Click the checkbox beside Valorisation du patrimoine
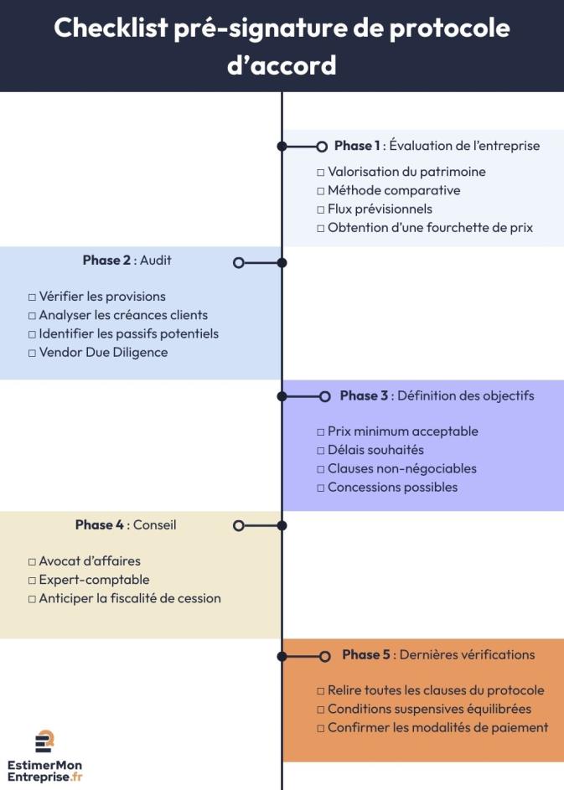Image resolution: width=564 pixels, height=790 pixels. [x=321, y=173]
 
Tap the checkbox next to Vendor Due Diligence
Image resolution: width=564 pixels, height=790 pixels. [x=32, y=353]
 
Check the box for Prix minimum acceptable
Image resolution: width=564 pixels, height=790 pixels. [x=321, y=432]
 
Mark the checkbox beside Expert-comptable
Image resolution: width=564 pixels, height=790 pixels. [x=32, y=581]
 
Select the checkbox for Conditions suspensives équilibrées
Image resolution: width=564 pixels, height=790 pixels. [x=321, y=710]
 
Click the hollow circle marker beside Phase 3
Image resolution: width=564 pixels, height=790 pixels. [x=325, y=396]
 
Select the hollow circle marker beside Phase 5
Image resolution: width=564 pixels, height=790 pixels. [x=325, y=655]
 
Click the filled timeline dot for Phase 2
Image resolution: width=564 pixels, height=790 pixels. [x=282, y=262]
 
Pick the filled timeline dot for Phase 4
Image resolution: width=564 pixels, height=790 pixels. [x=282, y=526]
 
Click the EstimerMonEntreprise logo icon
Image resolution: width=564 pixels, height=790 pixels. [x=44, y=741]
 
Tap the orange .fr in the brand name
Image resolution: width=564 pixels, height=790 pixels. [x=76, y=777]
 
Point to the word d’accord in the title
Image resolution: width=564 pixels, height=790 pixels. [x=282, y=65]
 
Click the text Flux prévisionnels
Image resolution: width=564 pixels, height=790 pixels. [x=380, y=209]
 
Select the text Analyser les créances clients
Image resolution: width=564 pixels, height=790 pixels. [x=123, y=316]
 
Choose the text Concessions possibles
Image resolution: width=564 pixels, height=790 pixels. [x=392, y=488]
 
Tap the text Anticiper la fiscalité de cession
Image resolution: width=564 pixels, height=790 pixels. [x=130, y=599]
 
